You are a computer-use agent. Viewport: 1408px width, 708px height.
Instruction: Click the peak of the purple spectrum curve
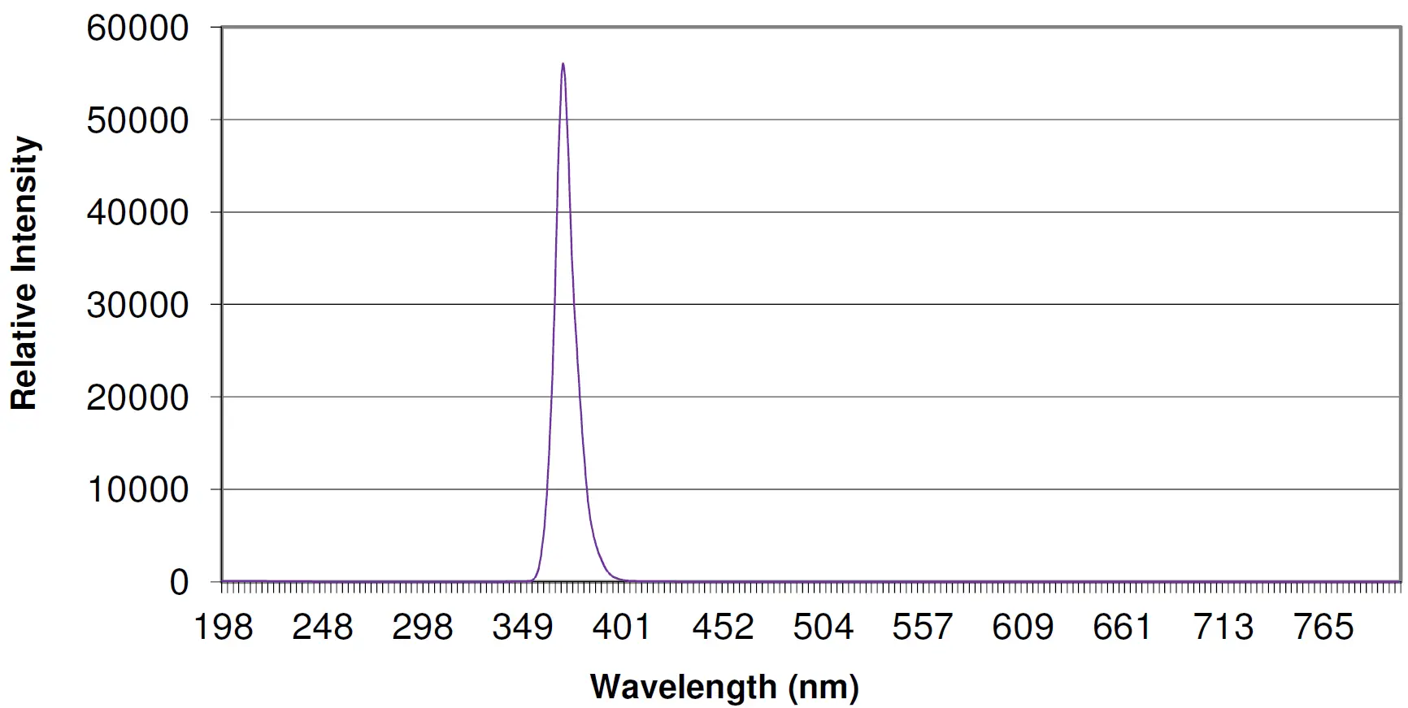click(563, 64)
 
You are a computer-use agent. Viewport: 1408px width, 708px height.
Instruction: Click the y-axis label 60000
click(137, 28)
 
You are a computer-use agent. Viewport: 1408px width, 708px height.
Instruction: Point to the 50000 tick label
click(137, 121)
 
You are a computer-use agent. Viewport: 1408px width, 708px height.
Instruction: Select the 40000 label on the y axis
click(137, 213)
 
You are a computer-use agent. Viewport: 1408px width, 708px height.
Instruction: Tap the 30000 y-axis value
click(137, 306)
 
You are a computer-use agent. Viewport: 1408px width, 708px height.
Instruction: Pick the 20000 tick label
click(137, 398)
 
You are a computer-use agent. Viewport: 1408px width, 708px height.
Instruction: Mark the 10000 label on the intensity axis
click(137, 490)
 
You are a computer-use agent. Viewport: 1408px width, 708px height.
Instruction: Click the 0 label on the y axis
click(179, 583)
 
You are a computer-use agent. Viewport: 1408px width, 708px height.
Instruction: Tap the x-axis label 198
click(224, 628)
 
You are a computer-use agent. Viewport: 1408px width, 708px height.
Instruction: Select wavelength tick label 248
click(323, 628)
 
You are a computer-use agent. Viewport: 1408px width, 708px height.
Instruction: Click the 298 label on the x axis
click(423, 628)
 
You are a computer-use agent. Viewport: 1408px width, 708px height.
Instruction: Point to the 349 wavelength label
click(523, 628)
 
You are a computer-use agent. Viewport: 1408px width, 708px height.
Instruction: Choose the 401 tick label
click(622, 628)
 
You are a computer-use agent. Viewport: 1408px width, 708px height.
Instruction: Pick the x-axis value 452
click(723, 628)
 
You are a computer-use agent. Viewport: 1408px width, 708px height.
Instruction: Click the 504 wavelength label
click(823, 628)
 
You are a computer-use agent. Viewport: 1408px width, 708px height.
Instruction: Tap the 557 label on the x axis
click(922, 628)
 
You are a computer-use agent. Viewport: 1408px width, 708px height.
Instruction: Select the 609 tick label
click(1023, 628)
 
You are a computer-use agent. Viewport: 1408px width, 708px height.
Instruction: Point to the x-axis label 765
click(1323, 628)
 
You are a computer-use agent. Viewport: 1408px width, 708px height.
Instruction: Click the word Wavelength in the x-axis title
click(683, 688)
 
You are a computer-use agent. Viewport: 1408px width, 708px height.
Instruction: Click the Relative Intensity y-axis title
click(24, 273)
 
